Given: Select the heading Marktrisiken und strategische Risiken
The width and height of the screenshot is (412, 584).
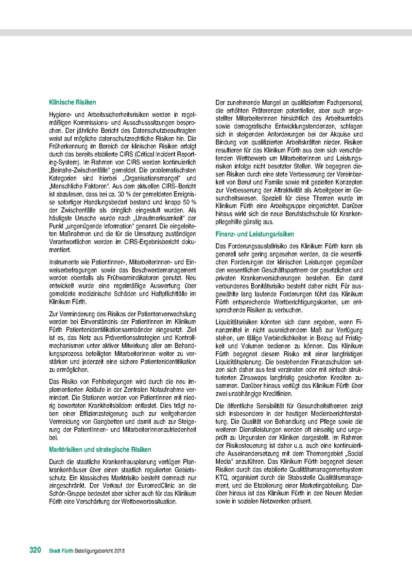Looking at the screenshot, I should click(x=100, y=449).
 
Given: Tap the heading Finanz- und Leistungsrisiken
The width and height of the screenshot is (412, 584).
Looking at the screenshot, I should click(x=246, y=234).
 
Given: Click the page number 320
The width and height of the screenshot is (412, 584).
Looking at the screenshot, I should click(x=35, y=550).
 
